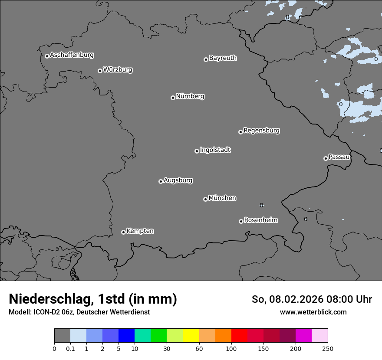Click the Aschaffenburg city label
click(72, 55)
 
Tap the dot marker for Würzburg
click(100, 71)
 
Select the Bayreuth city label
click(223, 58)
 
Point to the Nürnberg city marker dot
click(173, 98)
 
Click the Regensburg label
click(261, 131)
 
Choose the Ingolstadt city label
click(215, 150)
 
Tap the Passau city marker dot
click(326, 158)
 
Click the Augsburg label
click(178, 180)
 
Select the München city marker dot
click(205, 200)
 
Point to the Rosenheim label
click(260, 220)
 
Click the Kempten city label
click(140, 231)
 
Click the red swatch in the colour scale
click(239, 336)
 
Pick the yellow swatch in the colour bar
click(191, 336)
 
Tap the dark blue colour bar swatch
click(126, 336)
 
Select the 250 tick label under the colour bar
click(328, 348)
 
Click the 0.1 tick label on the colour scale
click(70, 348)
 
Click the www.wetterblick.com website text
click(313, 312)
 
